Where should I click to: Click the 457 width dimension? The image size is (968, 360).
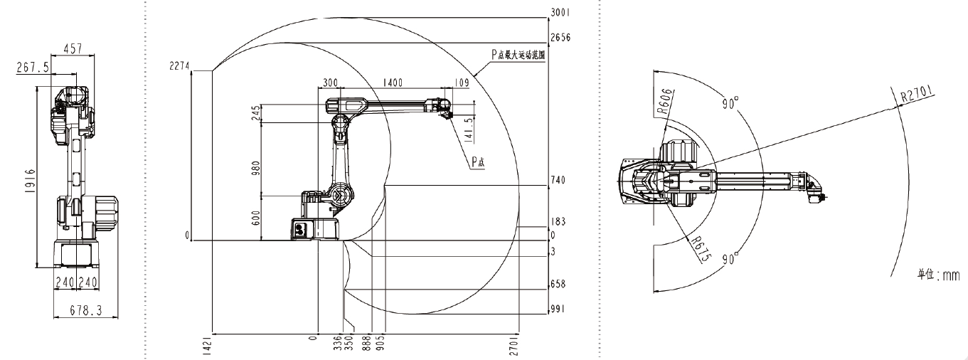[x=73, y=48]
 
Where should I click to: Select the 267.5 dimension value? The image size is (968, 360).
[x=33, y=68]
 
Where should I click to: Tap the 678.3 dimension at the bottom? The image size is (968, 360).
[x=85, y=310]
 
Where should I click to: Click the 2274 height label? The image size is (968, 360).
[x=179, y=65]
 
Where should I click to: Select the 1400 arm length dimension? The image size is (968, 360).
[x=393, y=82]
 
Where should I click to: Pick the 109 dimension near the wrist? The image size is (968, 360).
[x=462, y=82]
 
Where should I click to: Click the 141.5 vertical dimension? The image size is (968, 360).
[x=469, y=129]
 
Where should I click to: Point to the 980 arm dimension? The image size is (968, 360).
[x=256, y=169]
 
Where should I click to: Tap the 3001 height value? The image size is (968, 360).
[x=560, y=13]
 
